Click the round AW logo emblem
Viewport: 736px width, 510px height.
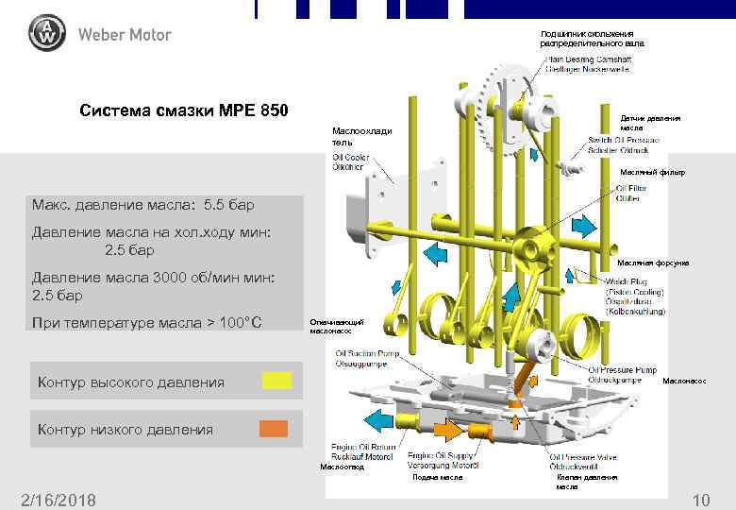(46, 35)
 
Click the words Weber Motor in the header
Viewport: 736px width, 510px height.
(125, 35)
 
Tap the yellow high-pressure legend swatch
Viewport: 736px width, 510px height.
(276, 381)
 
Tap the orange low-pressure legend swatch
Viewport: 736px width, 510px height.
(274, 429)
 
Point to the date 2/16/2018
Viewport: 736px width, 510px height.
(58, 500)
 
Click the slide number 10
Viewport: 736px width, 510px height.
(700, 500)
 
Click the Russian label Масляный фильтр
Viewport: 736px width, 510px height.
(652, 173)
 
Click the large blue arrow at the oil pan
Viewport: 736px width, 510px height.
(379, 419)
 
